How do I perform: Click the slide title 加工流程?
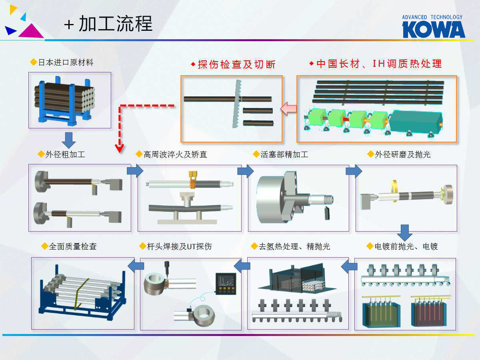tap(115, 24)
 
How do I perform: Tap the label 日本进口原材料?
tap(66, 62)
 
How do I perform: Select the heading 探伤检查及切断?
tap(236, 64)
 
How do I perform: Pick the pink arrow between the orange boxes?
tap(288, 109)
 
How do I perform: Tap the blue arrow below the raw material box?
tap(69, 140)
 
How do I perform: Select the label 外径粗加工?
tap(65, 154)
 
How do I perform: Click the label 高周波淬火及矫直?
tap(175, 154)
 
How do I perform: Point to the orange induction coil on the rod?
tap(193, 184)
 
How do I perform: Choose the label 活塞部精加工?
tap(284, 154)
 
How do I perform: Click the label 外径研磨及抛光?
tap(402, 154)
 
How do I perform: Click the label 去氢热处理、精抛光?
tap(294, 246)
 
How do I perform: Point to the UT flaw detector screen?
tap(225, 283)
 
